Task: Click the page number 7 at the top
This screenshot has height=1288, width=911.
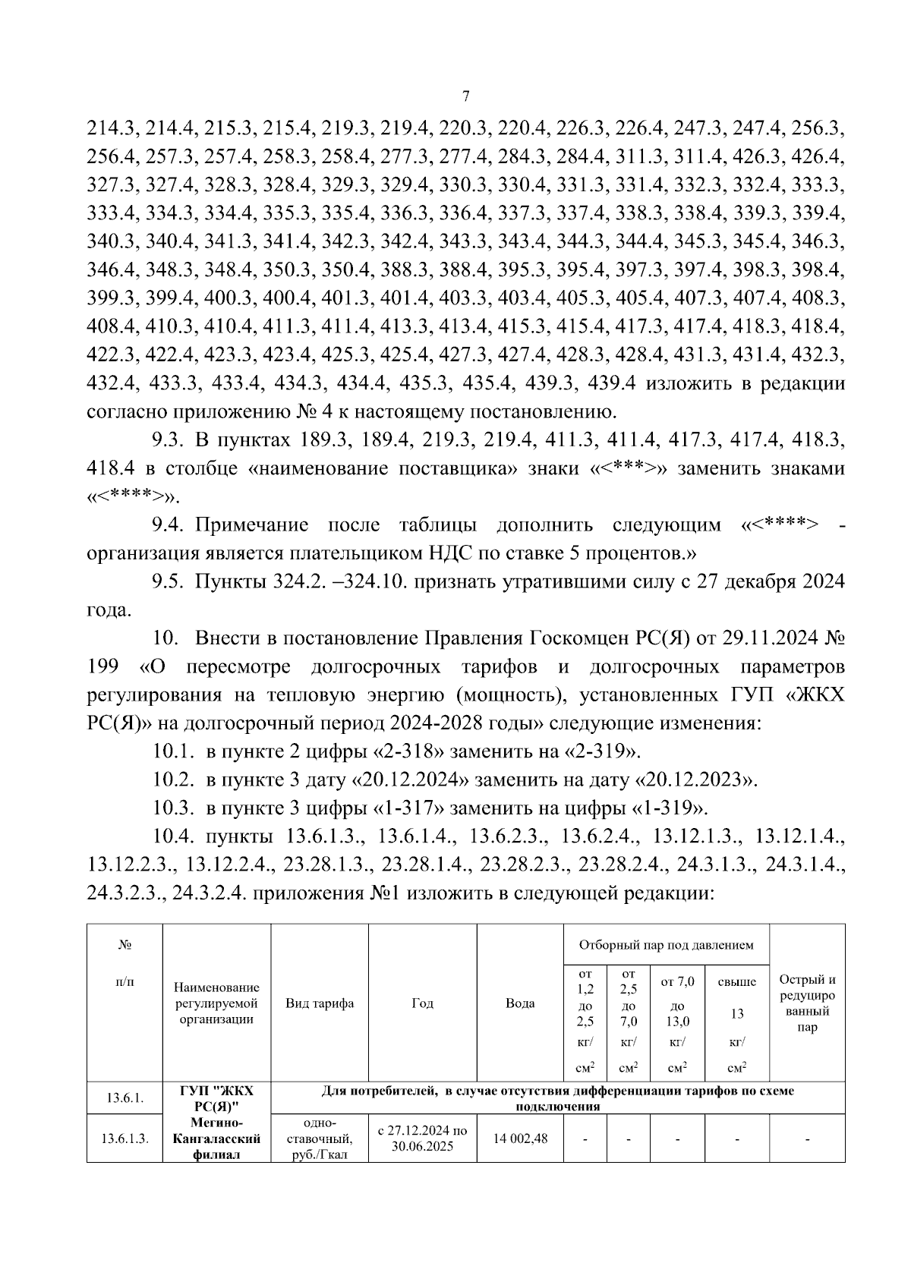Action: click(x=466, y=96)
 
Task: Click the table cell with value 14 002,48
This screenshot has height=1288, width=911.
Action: click(x=520, y=1138)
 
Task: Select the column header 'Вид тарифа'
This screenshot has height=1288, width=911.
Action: click(x=320, y=1003)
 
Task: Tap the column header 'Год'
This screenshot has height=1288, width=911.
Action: click(x=422, y=1003)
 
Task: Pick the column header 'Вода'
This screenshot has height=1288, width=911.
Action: click(x=520, y=1003)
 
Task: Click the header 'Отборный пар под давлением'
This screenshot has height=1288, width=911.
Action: click(x=666, y=945)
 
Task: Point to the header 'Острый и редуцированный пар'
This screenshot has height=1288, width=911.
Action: click(x=807, y=1003)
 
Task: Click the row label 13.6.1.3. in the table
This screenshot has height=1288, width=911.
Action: click(x=125, y=1139)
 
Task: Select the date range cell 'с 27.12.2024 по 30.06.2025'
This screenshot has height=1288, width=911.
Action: click(x=422, y=1138)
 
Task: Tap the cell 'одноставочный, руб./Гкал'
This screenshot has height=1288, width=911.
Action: click(x=320, y=1138)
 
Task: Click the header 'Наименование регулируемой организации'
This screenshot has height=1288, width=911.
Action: click(x=216, y=1003)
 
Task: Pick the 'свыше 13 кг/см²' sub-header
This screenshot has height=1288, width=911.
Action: click(x=736, y=1013)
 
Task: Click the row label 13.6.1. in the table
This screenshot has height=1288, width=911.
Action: click(x=125, y=1097)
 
